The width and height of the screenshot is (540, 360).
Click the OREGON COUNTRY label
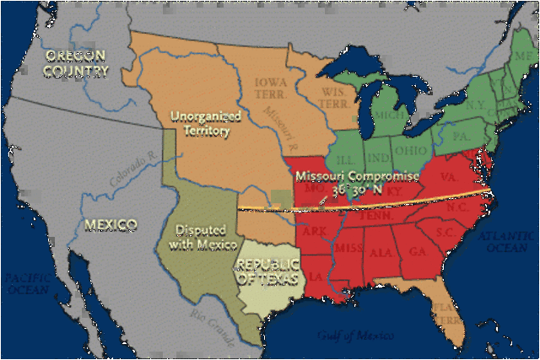77,63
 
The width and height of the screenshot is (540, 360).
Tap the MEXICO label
111,224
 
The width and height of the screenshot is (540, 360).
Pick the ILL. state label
347,158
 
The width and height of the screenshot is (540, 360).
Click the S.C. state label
445,230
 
